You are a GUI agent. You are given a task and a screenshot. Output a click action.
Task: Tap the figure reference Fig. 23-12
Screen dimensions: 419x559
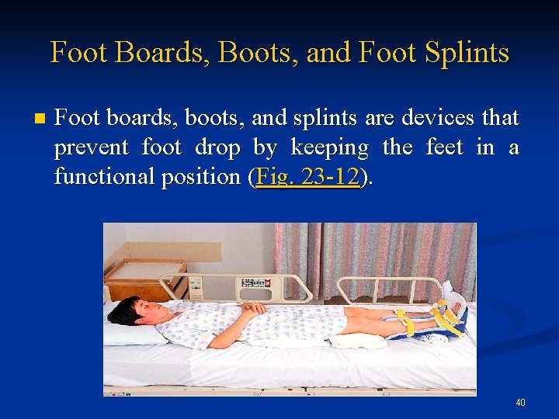point(307,177)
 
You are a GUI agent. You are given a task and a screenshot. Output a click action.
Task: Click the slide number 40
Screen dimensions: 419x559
point(520,403)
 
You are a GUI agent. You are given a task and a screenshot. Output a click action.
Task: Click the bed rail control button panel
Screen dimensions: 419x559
point(259,283)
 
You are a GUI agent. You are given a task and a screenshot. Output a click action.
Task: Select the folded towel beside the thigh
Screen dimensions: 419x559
point(357,340)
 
